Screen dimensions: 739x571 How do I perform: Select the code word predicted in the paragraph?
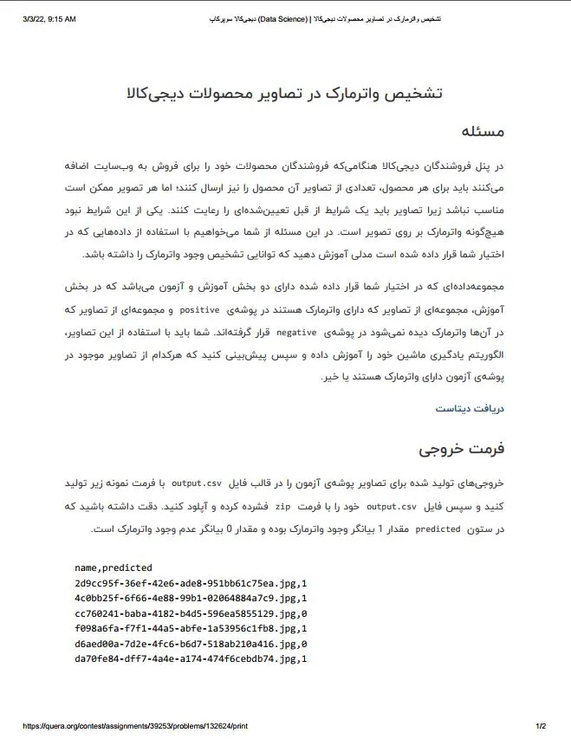click(x=438, y=528)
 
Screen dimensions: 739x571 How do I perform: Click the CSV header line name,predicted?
click(x=114, y=567)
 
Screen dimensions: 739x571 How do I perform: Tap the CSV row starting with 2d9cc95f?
click(x=191, y=583)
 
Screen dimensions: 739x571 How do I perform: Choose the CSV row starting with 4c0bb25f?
click(x=191, y=598)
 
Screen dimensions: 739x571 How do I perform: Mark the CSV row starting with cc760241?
click(x=191, y=613)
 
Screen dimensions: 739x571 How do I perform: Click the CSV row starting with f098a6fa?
click(x=191, y=628)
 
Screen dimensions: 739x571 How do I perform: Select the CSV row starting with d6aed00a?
click(x=191, y=644)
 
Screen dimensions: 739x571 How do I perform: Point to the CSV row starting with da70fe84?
click(x=191, y=658)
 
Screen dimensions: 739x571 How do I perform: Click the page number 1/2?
click(x=541, y=726)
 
